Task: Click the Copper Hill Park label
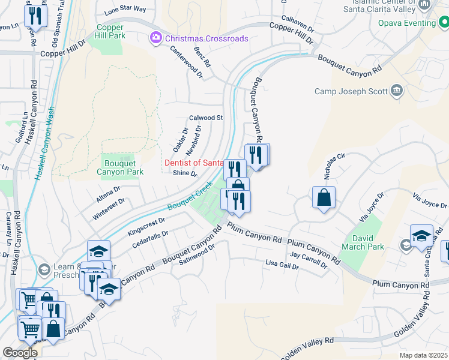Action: pos(110,32)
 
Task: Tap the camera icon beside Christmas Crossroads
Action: pos(156,38)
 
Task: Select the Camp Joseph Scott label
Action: pos(351,92)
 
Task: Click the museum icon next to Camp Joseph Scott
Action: pos(396,91)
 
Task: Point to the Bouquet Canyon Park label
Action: pos(120,167)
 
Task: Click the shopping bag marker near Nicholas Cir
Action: pos(324,197)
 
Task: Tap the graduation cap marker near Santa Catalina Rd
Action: pos(421,236)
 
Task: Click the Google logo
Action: pos(20,352)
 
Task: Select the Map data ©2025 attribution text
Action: pos(423,355)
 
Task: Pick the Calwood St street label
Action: pos(206,118)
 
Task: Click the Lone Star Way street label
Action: pos(125,10)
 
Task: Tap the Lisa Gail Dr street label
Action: pos(282,264)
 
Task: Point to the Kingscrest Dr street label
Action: pos(150,226)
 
